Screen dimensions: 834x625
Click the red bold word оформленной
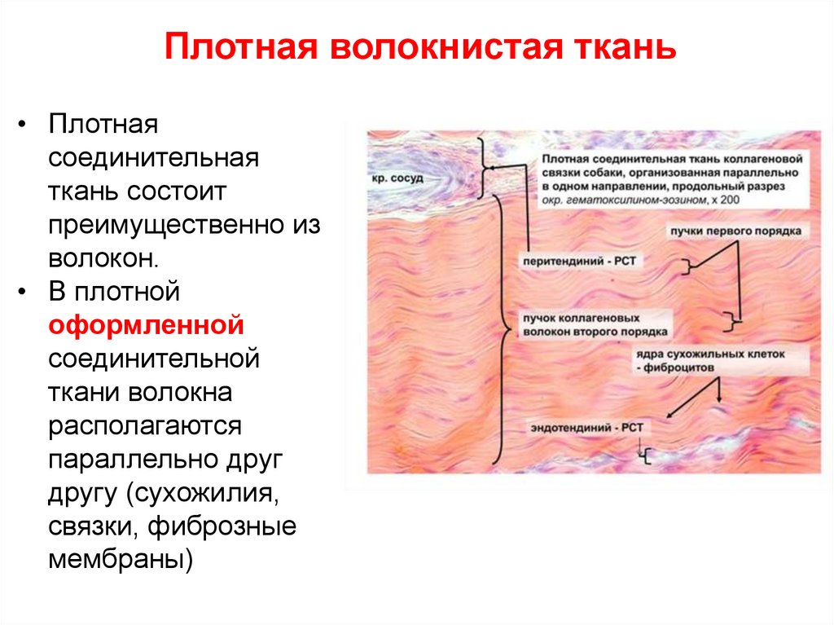pyautogui.click(x=147, y=326)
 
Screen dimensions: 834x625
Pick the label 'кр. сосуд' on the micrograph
pyautogui.click(x=397, y=178)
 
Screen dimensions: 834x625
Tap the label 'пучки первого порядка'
pyautogui.click(x=735, y=231)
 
